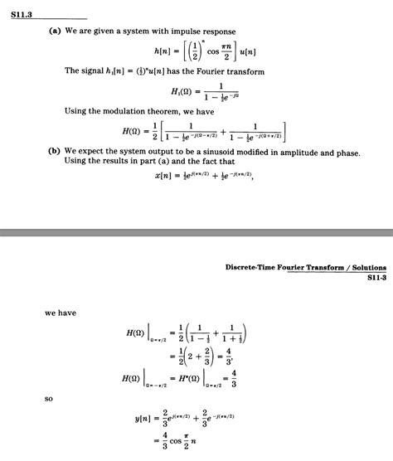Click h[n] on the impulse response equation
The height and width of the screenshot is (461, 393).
155,50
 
